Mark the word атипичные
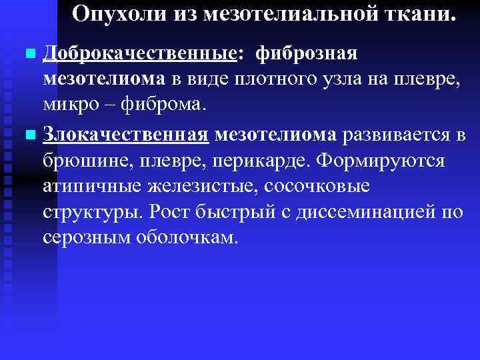(x=94, y=189)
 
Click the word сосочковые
(x=315, y=189)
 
